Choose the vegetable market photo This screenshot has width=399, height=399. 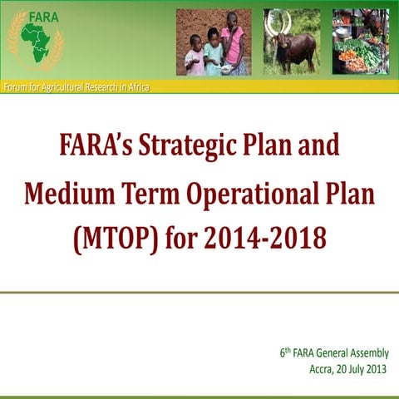coord(359,42)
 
